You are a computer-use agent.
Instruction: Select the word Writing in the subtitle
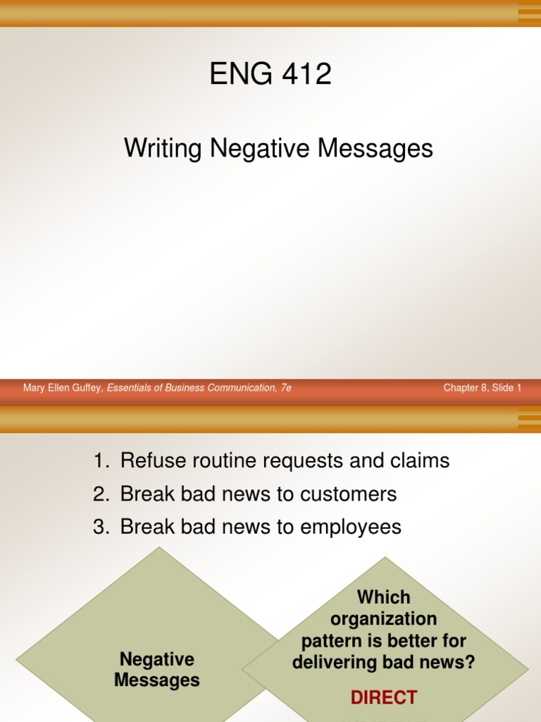pos(161,149)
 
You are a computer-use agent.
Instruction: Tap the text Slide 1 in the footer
pos(507,388)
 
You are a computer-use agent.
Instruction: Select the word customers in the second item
pos(349,494)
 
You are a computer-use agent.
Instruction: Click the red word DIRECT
pos(384,698)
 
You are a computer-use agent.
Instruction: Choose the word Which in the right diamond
pos(383,597)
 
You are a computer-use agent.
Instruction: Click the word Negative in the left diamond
pos(157,659)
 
